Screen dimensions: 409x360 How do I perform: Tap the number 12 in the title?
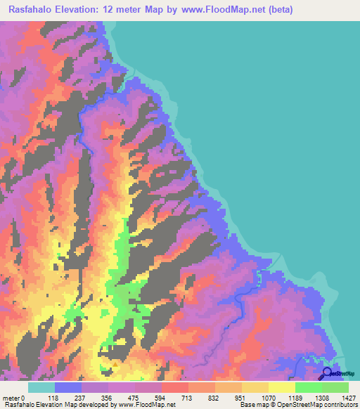[x=117, y=10]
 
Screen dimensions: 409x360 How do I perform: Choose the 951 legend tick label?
[x=243, y=397]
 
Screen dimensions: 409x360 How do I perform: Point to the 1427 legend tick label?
[x=348, y=397]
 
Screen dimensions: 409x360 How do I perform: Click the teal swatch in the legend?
[x=41, y=387]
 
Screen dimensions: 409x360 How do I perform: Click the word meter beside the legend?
[x=11, y=397]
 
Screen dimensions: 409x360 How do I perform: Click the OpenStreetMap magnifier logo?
[x=328, y=373]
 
